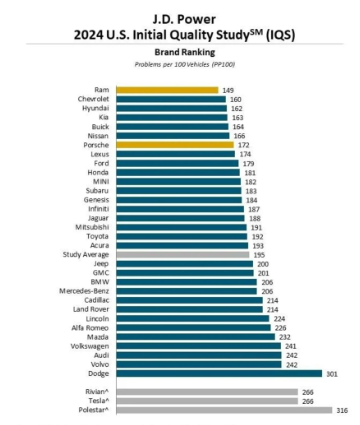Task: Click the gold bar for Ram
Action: (167, 90)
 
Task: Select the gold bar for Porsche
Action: (175, 145)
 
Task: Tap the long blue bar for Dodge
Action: (219, 373)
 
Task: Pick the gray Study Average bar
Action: (183, 255)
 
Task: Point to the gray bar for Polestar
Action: (224, 410)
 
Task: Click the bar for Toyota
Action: (182, 236)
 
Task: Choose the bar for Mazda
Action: (196, 337)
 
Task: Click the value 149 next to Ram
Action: (228, 90)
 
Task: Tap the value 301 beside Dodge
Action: (332, 374)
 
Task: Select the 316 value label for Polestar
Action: (342, 410)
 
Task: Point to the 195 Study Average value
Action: (259, 255)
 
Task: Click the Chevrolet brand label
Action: (93, 99)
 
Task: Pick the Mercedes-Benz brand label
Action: (84, 291)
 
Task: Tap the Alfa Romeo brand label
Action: (90, 328)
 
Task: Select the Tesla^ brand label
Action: (99, 401)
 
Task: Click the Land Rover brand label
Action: (91, 309)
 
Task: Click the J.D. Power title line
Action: (184, 19)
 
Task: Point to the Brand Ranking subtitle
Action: (185, 52)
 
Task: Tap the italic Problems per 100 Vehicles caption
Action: (185, 64)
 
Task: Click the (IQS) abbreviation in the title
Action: (280, 35)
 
